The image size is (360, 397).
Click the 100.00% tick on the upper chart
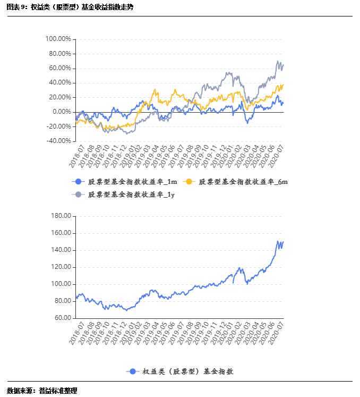tap(58, 39)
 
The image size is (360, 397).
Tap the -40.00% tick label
tap(58, 141)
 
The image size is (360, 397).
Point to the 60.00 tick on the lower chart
tap(62, 318)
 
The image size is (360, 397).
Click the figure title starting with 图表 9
tap(70, 7)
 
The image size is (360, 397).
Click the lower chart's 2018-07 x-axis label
tap(77, 330)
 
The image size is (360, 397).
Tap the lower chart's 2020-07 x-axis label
tap(277, 330)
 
